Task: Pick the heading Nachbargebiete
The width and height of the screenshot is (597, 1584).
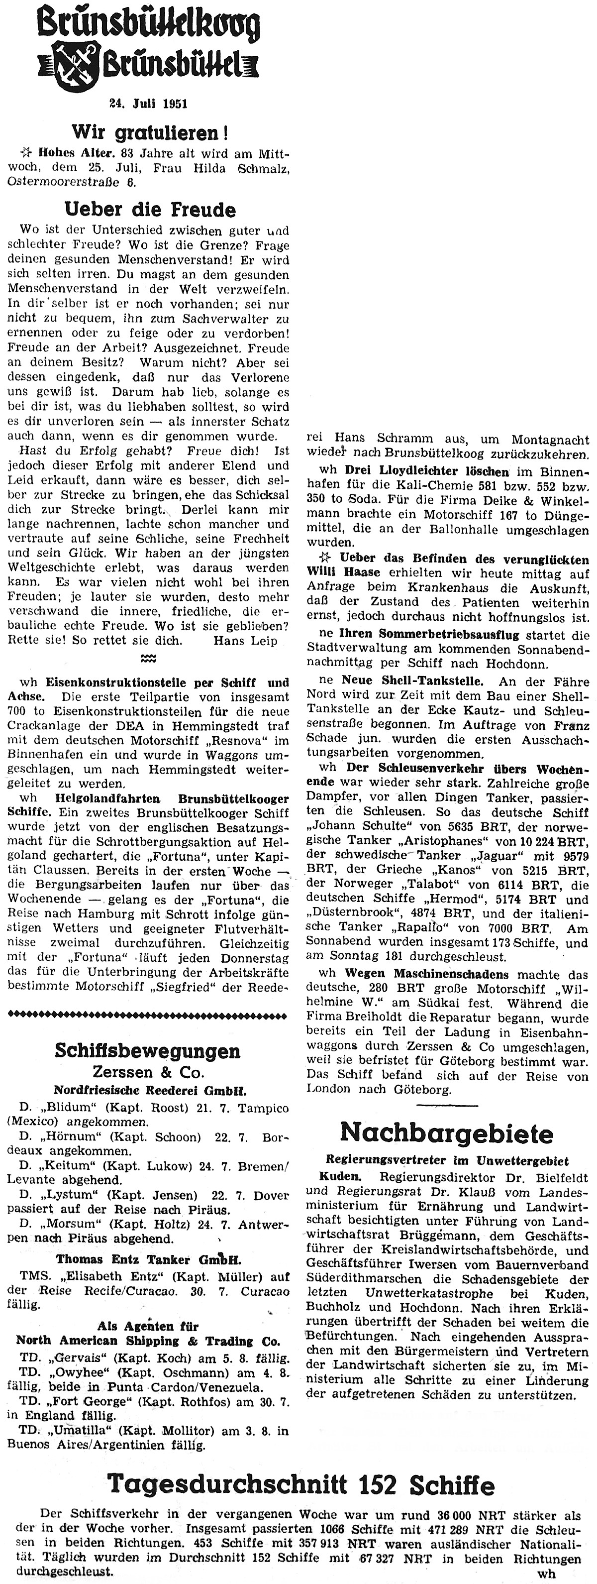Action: (447, 1132)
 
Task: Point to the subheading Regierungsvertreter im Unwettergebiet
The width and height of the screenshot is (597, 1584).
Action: (447, 1161)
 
